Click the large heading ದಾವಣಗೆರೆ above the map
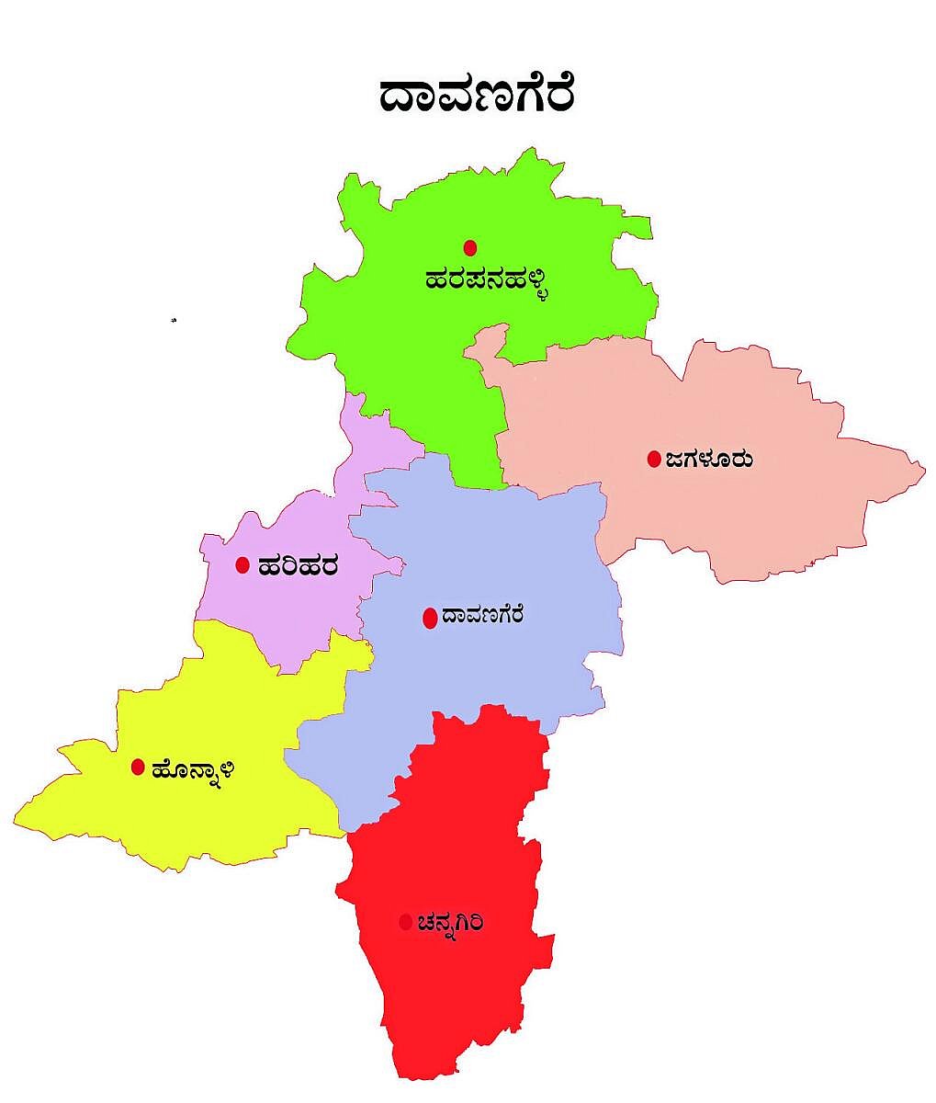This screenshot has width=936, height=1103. [x=478, y=95]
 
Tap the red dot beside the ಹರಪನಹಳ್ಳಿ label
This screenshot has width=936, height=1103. [x=470, y=247]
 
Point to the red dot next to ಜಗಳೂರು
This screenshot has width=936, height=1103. [x=654, y=459]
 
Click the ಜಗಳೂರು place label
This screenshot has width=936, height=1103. [x=710, y=459]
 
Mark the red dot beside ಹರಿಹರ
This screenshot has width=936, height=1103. [x=242, y=565]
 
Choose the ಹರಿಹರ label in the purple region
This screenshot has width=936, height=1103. [x=298, y=565]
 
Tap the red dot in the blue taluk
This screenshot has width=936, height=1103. [x=429, y=619]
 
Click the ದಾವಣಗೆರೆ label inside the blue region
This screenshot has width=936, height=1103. [x=482, y=615]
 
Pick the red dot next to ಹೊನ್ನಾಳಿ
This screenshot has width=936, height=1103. [x=138, y=767]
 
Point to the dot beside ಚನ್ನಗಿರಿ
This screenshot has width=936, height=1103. [x=405, y=922]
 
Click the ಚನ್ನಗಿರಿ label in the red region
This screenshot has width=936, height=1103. [x=449, y=922]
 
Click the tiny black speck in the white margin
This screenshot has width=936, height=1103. [x=173, y=320]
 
